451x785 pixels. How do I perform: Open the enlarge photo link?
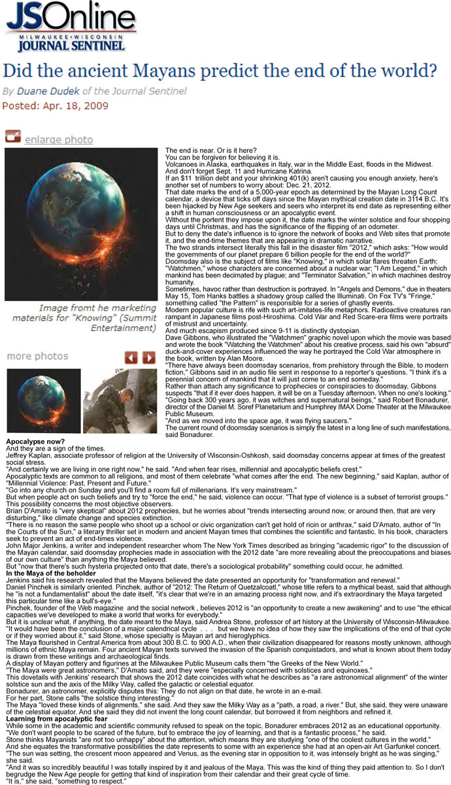coord(58,139)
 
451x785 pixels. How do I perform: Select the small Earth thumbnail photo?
coord(44,401)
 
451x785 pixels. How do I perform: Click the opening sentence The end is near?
coord(193,151)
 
